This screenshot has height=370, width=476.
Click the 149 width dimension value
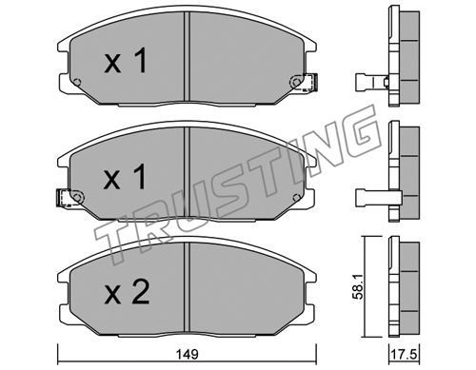click(x=188, y=354)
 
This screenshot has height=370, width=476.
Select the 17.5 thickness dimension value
click(x=404, y=354)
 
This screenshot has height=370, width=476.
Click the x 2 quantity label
click(x=127, y=293)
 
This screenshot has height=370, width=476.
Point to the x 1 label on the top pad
click(x=126, y=60)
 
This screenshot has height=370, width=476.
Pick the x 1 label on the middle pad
click(x=125, y=176)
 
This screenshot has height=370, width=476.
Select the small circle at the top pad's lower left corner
click(x=76, y=82)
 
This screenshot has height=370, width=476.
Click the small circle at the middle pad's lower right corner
click(x=296, y=198)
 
